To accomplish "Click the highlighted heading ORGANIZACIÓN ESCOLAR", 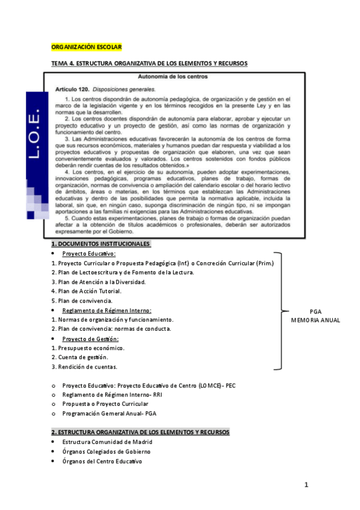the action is tap(87, 47).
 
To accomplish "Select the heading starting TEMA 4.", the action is tap(149, 63).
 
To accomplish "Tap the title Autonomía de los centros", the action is tap(172, 77).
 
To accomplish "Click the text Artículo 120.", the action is tap(68, 88).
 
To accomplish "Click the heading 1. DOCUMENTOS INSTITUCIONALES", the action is tap(100, 244).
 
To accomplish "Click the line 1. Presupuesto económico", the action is tap(88, 348).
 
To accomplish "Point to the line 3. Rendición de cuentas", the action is tap(84, 366).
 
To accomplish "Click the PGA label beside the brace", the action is tap(316, 312).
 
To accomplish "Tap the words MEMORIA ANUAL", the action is tap(316, 320).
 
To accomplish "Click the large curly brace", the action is tap(278, 310).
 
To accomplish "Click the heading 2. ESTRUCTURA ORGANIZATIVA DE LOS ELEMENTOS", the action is tap(140, 432).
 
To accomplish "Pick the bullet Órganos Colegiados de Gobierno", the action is tap(106, 451).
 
